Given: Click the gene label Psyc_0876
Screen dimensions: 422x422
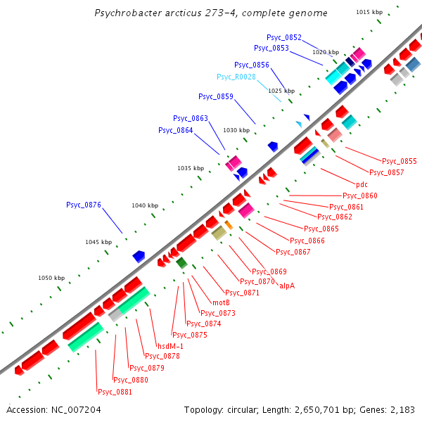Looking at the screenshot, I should [84, 205].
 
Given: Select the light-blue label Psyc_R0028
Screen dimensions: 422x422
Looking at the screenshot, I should [236, 77].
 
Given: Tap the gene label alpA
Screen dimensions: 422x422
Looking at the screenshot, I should [287, 286].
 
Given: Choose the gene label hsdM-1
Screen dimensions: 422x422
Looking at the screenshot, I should [170, 345].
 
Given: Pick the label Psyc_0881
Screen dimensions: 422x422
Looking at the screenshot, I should [115, 392].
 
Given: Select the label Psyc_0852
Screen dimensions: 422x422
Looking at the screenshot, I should [284, 37].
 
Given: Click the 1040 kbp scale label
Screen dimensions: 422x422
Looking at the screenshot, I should [144, 205].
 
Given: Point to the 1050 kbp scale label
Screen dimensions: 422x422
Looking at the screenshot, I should [51, 278].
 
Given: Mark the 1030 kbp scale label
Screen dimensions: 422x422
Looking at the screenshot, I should [236, 131].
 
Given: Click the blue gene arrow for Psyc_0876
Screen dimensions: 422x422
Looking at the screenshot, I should [139, 257].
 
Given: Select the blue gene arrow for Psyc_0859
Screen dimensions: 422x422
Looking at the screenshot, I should [272, 146].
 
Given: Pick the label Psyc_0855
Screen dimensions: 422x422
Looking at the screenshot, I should [399, 161].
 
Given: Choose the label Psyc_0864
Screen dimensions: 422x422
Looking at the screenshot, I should [175, 130].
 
